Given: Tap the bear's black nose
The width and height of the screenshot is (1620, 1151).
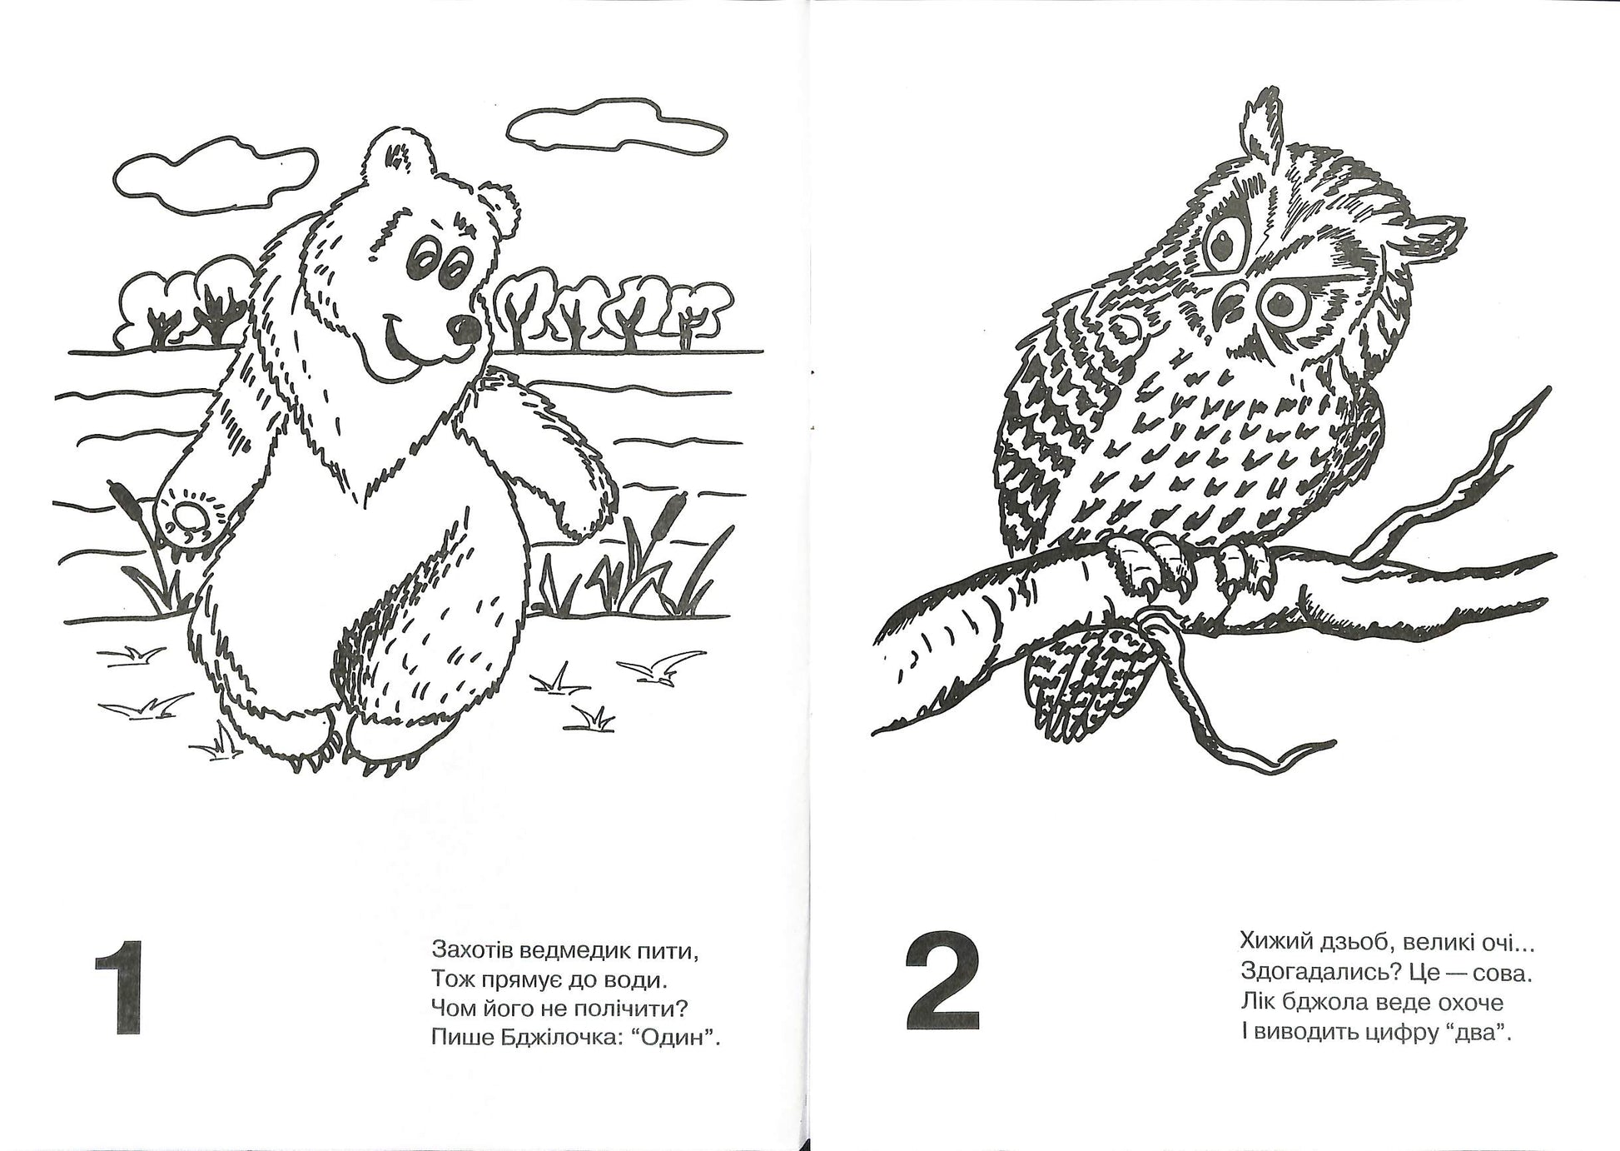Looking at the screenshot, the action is tap(460, 329).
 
